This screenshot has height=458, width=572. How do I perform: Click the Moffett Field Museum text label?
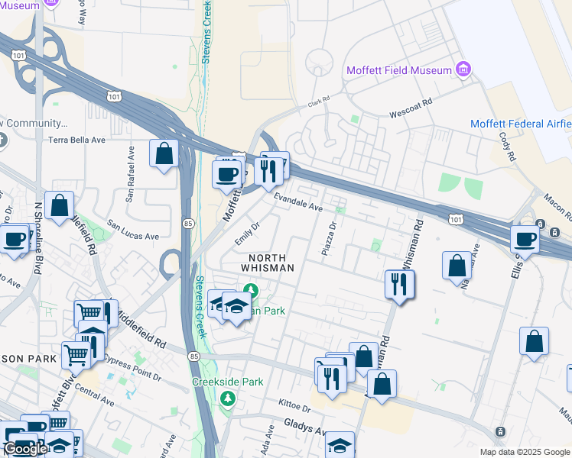399,70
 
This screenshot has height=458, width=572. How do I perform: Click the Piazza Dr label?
333,239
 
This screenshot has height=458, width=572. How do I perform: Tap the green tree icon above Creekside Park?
227,398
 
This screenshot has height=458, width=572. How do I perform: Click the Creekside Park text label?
227,382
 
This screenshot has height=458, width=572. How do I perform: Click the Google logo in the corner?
25,448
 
